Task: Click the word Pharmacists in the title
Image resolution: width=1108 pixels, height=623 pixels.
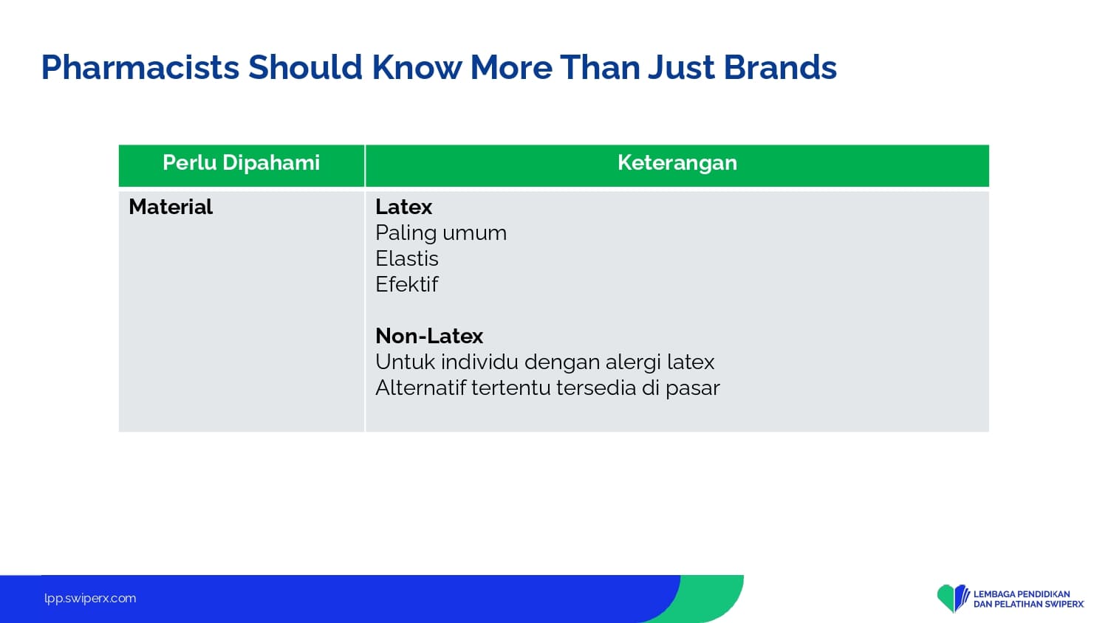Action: pyautogui.click(x=140, y=68)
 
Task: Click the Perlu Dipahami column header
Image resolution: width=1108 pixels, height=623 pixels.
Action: pyautogui.click(x=242, y=163)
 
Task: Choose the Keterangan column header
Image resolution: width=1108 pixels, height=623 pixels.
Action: pyautogui.click(x=677, y=163)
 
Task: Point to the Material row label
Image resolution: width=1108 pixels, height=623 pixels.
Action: pyautogui.click(x=171, y=207)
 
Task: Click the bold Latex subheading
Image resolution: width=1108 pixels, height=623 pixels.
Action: pyautogui.click(x=403, y=207)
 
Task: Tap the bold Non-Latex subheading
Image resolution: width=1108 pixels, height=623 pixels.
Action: pyautogui.click(x=429, y=336)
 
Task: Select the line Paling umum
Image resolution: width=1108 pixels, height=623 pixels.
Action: pyautogui.click(x=441, y=233)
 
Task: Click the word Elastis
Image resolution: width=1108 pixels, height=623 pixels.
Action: pyautogui.click(x=406, y=258)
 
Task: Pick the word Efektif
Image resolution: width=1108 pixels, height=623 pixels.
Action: pyautogui.click(x=406, y=284)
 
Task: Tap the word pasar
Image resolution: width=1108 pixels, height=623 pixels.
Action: pyautogui.click(x=693, y=388)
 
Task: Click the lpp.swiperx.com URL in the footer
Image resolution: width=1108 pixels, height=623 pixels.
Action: pyautogui.click(x=90, y=599)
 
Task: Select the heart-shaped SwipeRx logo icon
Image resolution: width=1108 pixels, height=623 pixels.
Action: pyautogui.click(x=953, y=598)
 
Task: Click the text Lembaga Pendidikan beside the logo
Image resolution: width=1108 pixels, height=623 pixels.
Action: pyautogui.click(x=1022, y=593)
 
